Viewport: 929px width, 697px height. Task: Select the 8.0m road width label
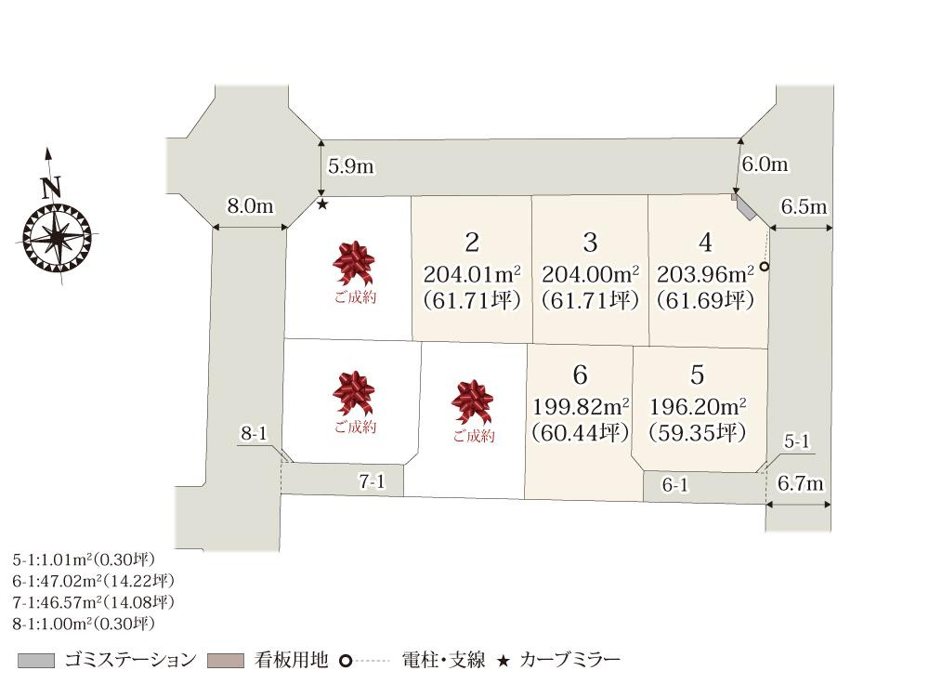[251, 206]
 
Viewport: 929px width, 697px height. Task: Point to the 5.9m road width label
[351, 166]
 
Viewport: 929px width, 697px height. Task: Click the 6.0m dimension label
[765, 164]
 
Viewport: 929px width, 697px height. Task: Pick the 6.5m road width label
[804, 207]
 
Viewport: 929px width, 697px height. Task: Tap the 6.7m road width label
[801, 484]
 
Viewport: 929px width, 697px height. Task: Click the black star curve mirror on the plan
[322, 204]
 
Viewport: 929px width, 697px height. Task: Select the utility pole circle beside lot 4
[764, 267]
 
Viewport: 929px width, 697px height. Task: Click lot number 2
[472, 243]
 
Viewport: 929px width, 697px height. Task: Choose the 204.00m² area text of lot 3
[590, 275]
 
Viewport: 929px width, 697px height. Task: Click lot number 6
[581, 375]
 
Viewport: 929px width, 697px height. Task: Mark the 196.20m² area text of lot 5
[698, 407]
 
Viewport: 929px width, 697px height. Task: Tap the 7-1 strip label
[372, 481]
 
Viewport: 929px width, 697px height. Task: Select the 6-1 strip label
[675, 486]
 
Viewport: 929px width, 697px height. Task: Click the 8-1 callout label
[254, 433]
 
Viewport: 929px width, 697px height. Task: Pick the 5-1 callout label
[797, 443]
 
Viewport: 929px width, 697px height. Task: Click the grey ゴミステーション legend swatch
[36, 661]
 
